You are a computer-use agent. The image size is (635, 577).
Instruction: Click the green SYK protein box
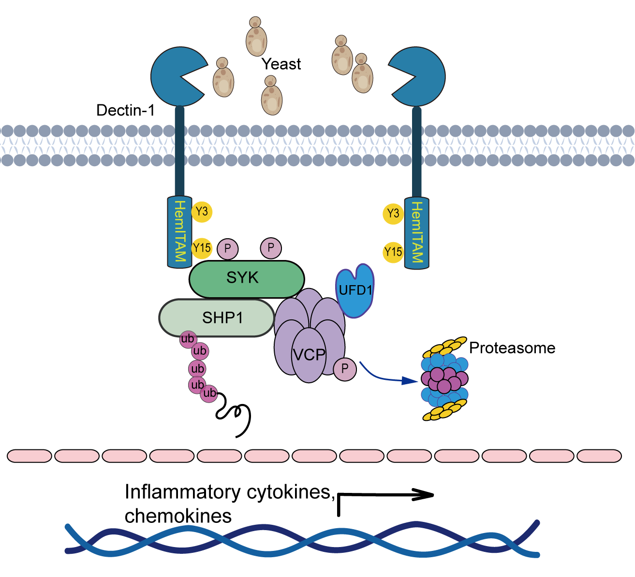[246, 279]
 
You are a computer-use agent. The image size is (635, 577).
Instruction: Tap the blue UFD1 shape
[355, 290]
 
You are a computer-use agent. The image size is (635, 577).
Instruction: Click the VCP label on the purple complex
[309, 355]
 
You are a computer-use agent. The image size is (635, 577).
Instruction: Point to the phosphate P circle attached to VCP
[345, 369]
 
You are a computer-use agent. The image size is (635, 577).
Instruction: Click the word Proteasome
[512, 348]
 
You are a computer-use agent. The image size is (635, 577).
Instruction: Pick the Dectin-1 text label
[125, 111]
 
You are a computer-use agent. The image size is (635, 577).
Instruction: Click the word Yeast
[281, 64]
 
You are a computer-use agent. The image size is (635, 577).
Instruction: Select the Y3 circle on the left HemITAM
[202, 211]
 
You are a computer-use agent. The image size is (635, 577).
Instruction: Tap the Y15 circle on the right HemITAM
[393, 252]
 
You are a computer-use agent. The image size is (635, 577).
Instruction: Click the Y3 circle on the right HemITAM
[393, 214]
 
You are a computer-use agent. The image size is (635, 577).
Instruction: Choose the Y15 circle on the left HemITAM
[202, 248]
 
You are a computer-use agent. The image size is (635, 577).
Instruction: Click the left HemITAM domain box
[179, 231]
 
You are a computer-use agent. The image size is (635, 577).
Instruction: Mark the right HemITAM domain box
[416, 232]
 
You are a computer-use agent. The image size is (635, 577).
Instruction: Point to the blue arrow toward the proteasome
[387, 377]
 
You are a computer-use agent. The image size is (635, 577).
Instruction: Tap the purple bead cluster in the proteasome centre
[444, 379]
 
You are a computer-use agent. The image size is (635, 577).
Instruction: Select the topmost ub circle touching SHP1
[187, 339]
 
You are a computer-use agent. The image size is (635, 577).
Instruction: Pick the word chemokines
[178, 516]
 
